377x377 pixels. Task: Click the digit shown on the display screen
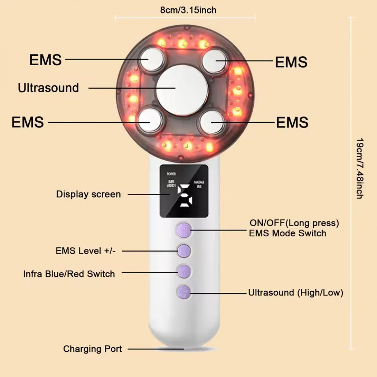(x=185, y=196)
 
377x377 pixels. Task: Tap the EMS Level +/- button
(x=184, y=250)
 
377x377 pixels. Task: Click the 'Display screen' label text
(x=89, y=195)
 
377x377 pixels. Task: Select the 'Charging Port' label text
(x=93, y=349)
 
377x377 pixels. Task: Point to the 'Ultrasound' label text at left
(x=48, y=88)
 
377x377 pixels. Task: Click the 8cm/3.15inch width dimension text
(x=188, y=10)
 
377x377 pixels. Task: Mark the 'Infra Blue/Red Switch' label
(x=69, y=274)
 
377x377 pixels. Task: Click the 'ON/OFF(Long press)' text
(x=294, y=223)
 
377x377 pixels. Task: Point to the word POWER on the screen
(x=171, y=174)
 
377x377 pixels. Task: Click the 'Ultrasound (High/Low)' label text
(x=296, y=293)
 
